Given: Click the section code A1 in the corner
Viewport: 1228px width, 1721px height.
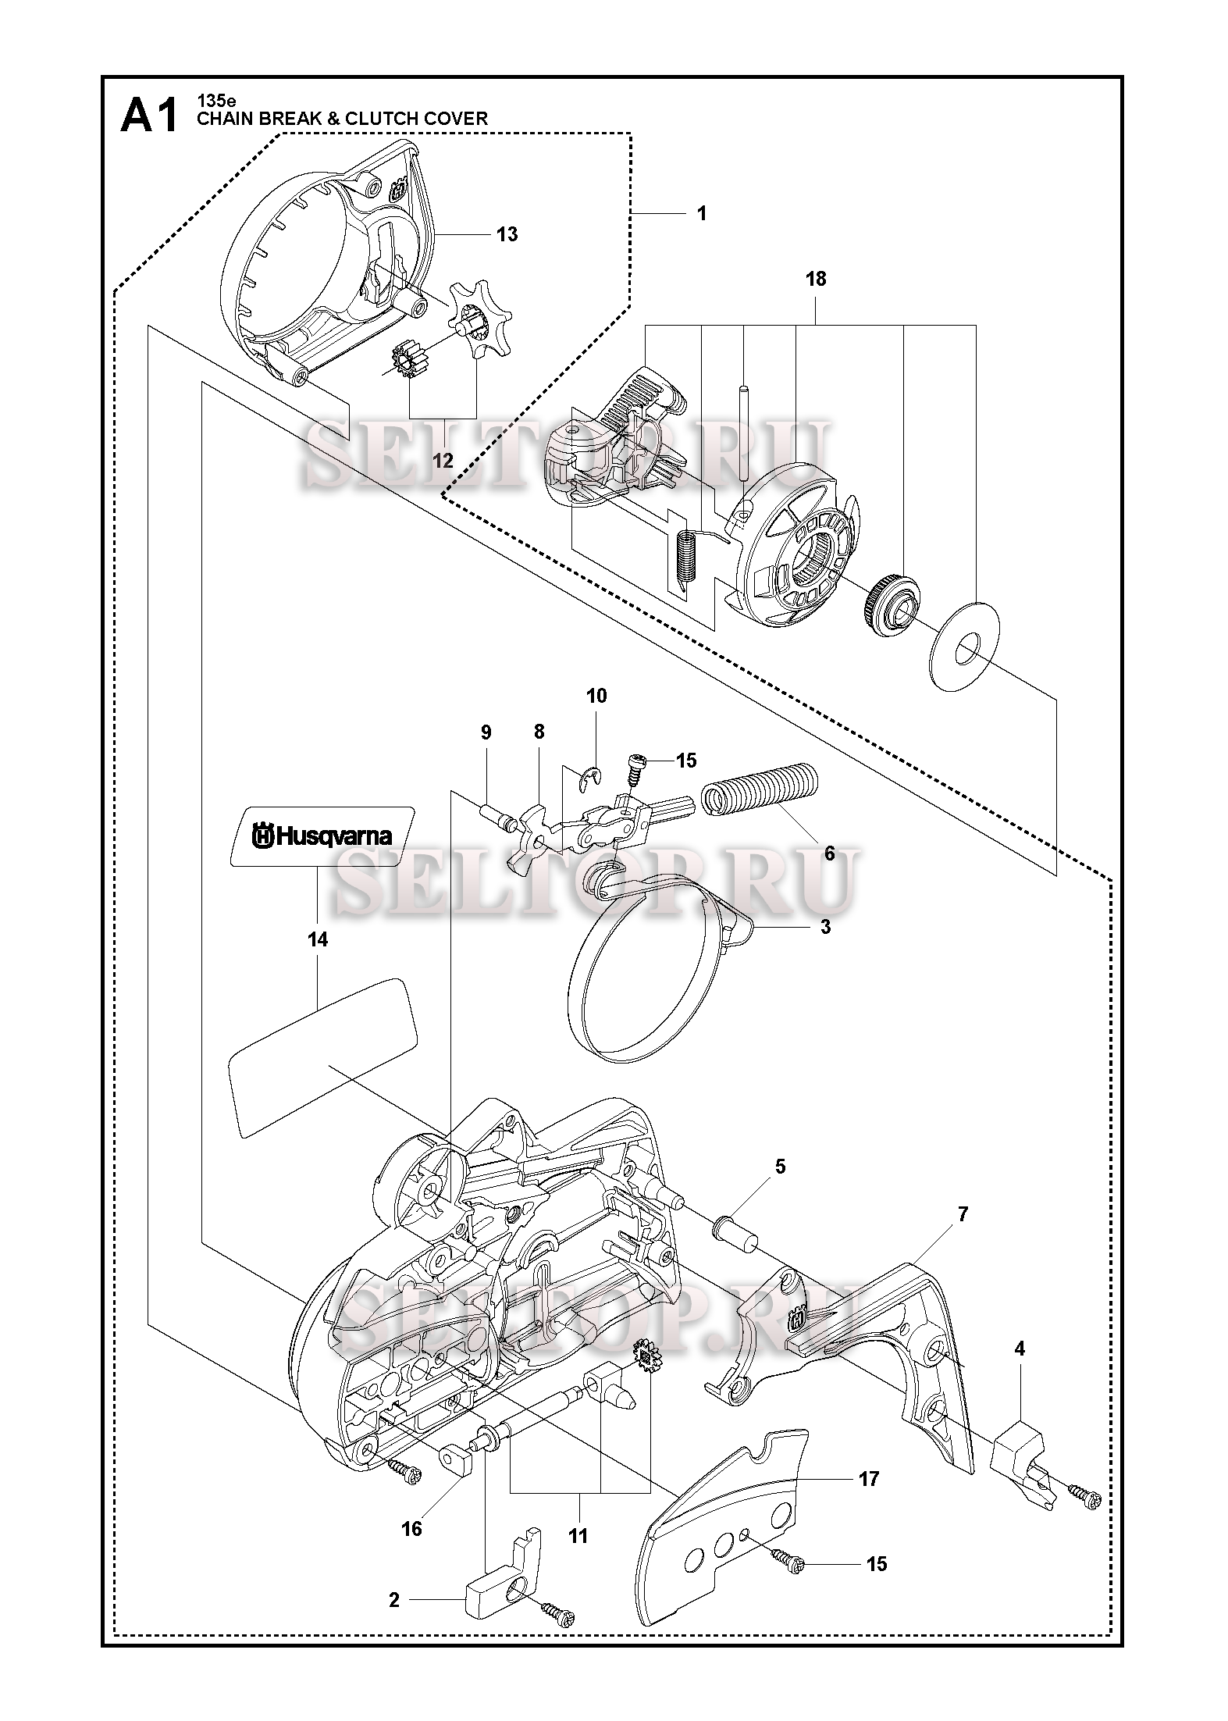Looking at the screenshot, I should (148, 117).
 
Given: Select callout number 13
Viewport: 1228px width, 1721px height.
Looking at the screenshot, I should (507, 234).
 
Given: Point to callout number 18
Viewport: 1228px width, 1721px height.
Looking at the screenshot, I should (816, 279).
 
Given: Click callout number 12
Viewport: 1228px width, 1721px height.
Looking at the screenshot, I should (443, 461).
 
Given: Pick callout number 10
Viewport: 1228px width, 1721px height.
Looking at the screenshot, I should (596, 696).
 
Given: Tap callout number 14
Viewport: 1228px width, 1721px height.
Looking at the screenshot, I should (318, 939).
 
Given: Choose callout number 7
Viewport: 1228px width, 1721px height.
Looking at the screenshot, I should (963, 1214).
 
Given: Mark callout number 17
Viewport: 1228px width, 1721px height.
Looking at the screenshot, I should (869, 1478).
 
